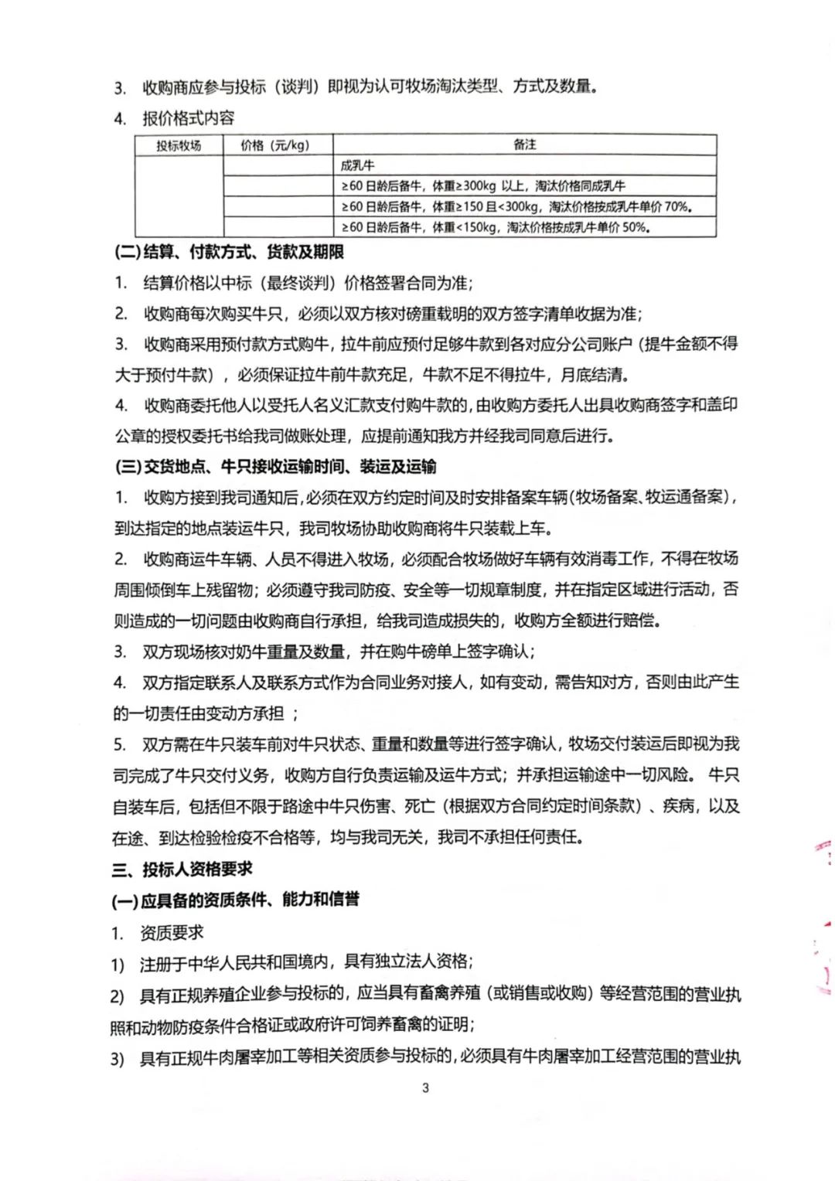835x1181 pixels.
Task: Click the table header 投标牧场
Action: [x=179, y=145]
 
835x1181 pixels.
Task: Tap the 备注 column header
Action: [x=524, y=145]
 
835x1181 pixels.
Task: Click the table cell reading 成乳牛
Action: [x=357, y=165]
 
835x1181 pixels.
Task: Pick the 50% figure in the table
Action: [x=636, y=227]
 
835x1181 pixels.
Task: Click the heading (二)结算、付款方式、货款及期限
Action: [x=229, y=253]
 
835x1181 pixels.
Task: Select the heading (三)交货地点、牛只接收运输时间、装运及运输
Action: [x=275, y=466]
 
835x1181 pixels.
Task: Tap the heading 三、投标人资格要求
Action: [x=182, y=869]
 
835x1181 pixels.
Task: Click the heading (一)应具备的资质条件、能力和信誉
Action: [x=236, y=900]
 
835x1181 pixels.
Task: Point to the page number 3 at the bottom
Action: [x=425, y=1088]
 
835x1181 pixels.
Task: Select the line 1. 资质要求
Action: [x=158, y=933]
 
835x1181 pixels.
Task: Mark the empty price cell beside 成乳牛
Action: [x=278, y=165]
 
